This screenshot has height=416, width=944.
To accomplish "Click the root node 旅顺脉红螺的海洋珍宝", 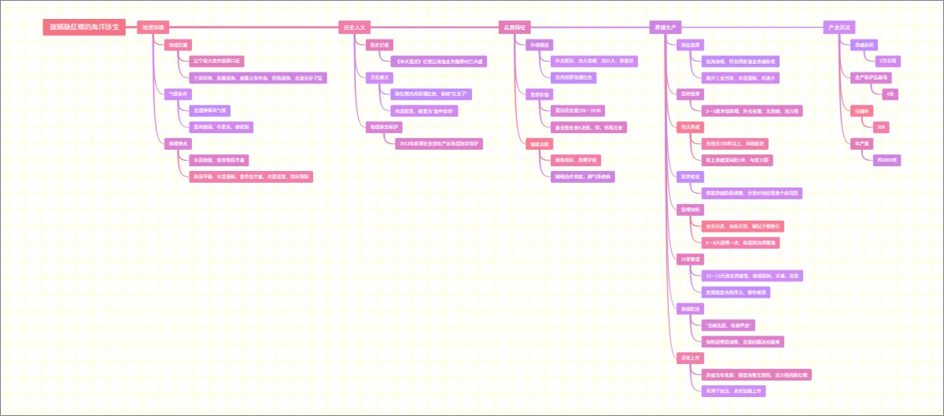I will pyautogui.click(x=84, y=27).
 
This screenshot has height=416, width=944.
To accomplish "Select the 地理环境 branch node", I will pyautogui.click(x=153, y=27).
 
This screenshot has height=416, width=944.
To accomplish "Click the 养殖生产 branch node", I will pyautogui.click(x=666, y=27).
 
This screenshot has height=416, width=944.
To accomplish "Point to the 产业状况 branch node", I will pyautogui.click(x=839, y=27).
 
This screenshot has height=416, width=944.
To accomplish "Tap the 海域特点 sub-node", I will pyautogui.click(x=178, y=143).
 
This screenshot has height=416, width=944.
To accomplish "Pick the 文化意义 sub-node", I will pyautogui.click(x=380, y=77).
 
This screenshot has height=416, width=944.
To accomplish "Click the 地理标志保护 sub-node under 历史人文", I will pyautogui.click(x=384, y=126).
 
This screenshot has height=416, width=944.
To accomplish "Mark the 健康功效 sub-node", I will pyautogui.click(x=540, y=143).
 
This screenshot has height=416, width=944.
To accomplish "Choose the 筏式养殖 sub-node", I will pyautogui.click(x=691, y=126).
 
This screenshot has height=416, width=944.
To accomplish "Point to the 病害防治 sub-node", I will pyautogui.click(x=691, y=308).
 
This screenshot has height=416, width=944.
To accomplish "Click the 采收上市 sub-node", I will pyautogui.click(x=691, y=358).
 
